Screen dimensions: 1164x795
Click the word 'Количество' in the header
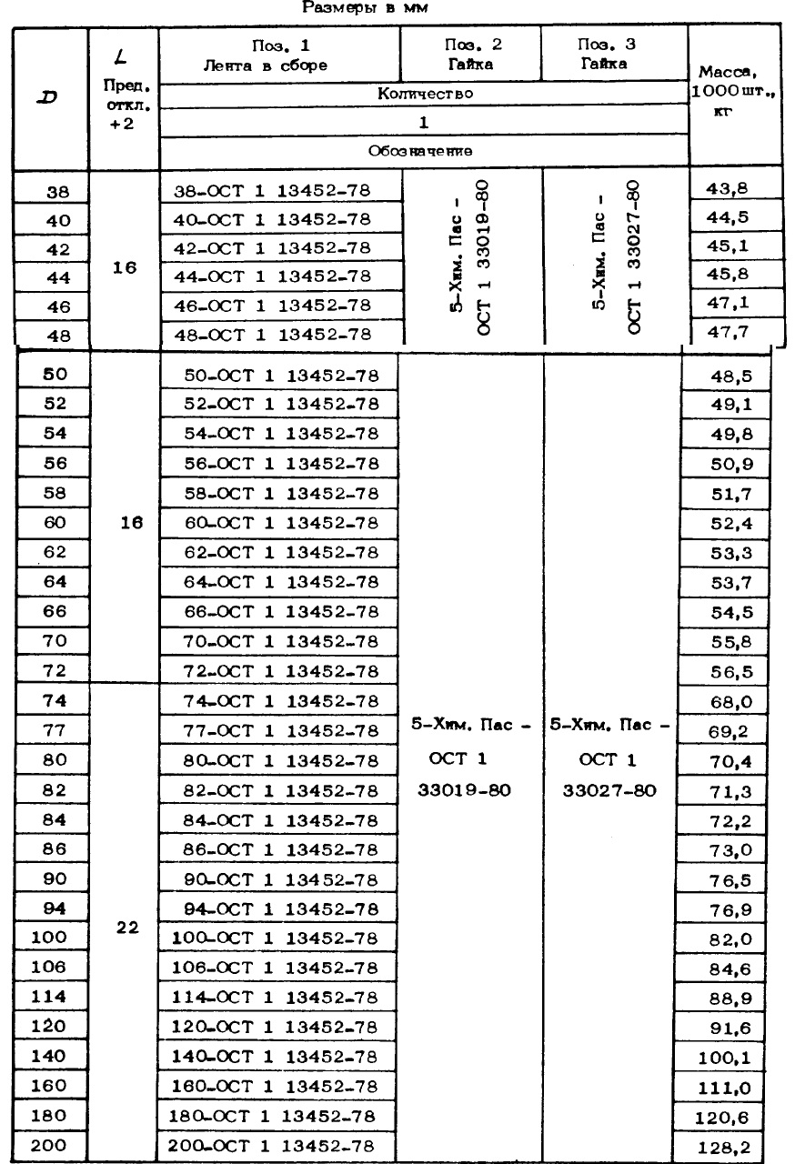pyautogui.click(x=423, y=93)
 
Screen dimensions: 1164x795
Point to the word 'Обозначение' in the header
pyautogui.click(x=423, y=151)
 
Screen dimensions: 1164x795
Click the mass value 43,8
pyautogui.click(x=734, y=189)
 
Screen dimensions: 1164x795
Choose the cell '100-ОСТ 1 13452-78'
pyautogui.click(x=275, y=938)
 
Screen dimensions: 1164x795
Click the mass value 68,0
pyautogui.click(x=730, y=700)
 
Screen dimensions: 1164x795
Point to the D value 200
pyautogui.click(x=50, y=1143)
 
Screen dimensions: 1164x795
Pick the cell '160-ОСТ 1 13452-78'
pyautogui.click(x=275, y=1085)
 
